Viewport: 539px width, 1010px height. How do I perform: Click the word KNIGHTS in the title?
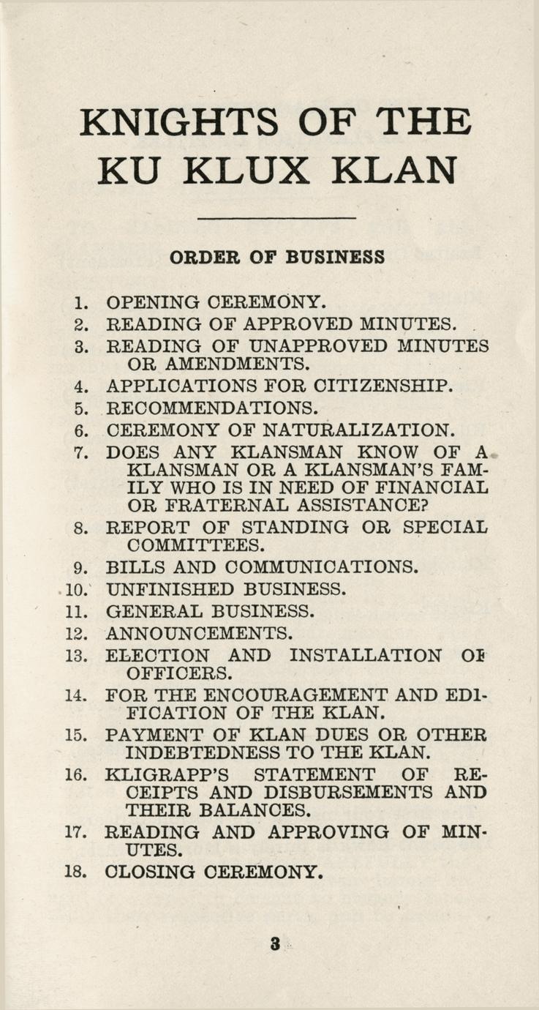[178, 121]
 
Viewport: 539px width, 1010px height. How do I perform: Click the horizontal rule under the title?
[276, 218]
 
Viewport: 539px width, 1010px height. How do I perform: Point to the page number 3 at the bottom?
[275, 943]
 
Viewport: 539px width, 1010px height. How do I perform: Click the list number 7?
[81, 452]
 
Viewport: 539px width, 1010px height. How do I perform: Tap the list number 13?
[77, 656]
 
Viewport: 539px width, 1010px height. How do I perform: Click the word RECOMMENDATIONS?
[211, 408]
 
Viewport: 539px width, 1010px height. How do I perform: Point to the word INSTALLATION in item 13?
[366, 656]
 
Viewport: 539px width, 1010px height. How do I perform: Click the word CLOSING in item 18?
[150, 872]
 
